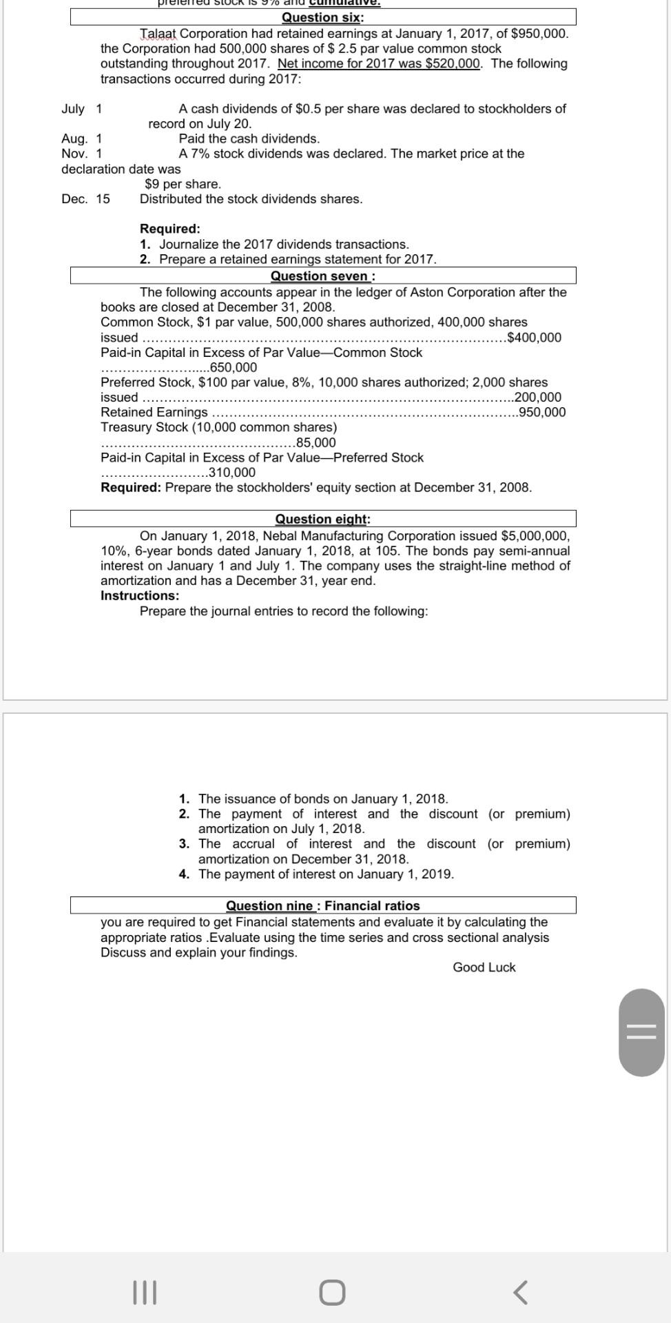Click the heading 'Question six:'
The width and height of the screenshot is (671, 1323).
click(x=322, y=17)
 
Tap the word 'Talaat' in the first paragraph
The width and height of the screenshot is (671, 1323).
click(x=159, y=34)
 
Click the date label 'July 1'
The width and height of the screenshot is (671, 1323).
click(x=82, y=109)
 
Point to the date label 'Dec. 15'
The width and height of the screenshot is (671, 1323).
click(x=85, y=199)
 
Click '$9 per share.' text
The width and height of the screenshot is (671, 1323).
click(x=183, y=184)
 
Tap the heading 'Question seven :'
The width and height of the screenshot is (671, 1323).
click(x=322, y=276)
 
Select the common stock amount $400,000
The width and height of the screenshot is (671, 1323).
click(x=534, y=338)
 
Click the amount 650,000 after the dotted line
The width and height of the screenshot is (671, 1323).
click(x=233, y=367)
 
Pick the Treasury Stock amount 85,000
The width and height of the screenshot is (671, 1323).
click(x=316, y=442)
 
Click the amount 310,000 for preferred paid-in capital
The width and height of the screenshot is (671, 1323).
click(x=231, y=473)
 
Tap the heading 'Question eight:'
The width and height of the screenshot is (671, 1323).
click(x=322, y=519)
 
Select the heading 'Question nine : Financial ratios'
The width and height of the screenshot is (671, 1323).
click(x=322, y=905)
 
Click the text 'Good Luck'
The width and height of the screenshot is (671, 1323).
click(x=484, y=967)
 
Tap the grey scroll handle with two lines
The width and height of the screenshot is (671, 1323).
click(x=641, y=1032)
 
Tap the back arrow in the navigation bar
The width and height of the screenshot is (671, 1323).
click(x=521, y=1292)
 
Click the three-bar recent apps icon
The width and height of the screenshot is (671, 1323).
click(x=145, y=1292)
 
